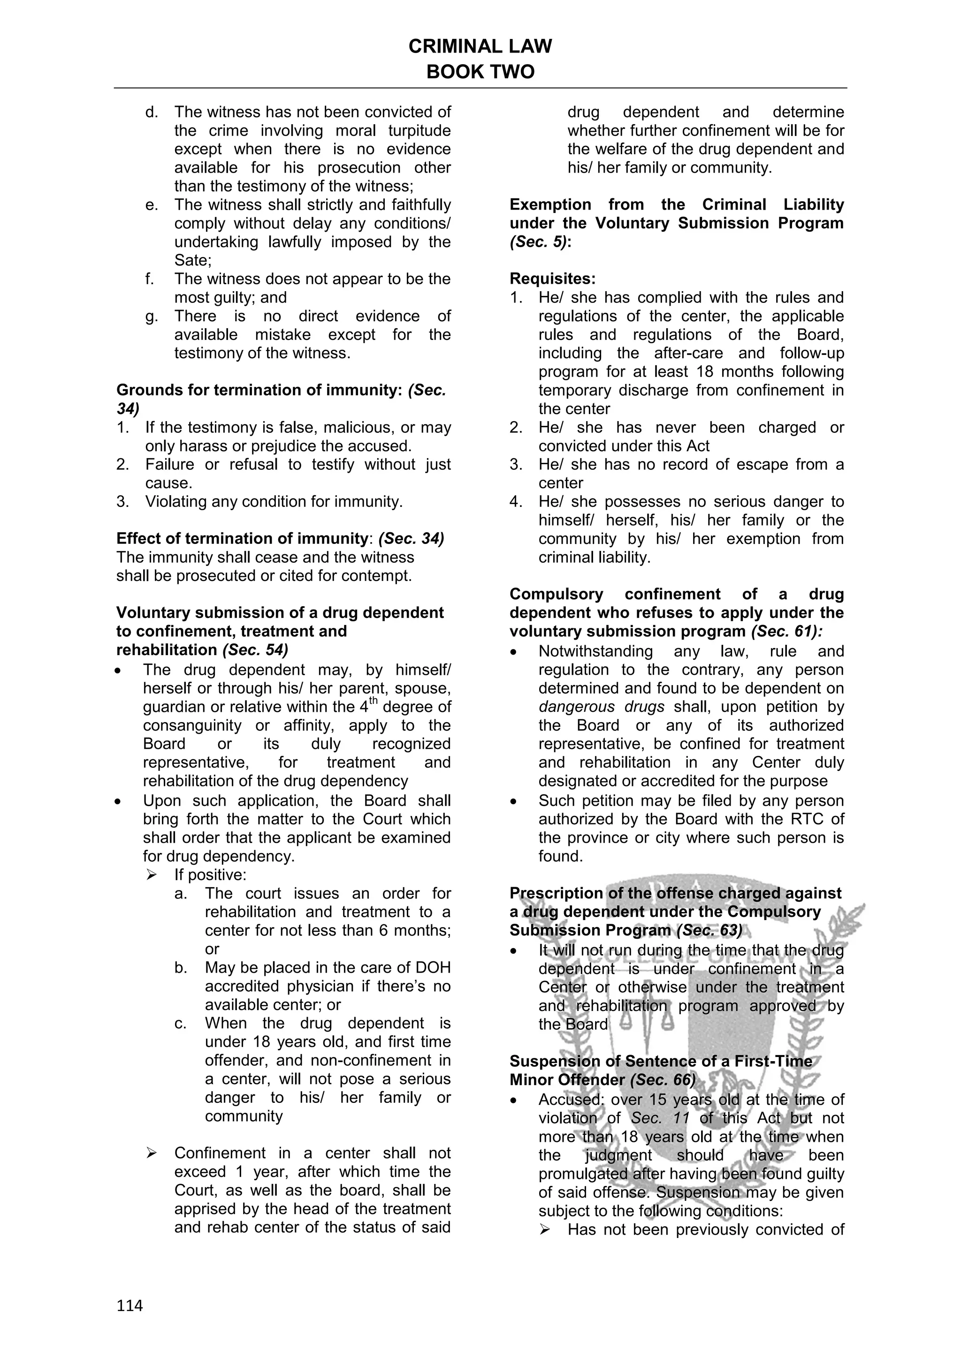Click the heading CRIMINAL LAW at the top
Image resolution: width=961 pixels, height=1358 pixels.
point(480,46)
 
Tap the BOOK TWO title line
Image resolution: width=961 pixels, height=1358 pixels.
point(480,72)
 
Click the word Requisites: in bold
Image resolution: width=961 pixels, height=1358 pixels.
point(553,279)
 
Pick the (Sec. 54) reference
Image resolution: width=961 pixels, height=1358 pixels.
point(255,649)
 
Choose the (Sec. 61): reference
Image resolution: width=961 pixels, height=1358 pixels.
point(786,631)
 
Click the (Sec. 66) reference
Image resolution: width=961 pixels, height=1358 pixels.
point(663,1079)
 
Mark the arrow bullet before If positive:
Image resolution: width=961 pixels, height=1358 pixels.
point(151,874)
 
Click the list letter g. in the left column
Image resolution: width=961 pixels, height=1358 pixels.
point(152,317)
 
